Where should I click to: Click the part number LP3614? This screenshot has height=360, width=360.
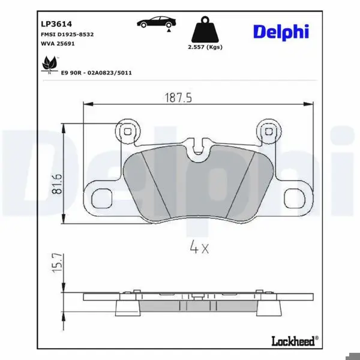tap(56, 24)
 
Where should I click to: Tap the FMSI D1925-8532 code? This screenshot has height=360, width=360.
tap(67, 34)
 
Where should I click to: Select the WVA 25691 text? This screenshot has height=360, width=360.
tap(58, 43)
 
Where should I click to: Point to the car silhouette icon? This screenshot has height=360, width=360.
tap(157, 22)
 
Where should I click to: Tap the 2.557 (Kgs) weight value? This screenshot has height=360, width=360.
tap(205, 47)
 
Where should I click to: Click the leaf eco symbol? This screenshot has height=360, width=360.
tap(50, 64)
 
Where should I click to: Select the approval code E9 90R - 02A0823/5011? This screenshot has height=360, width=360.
tap(96, 73)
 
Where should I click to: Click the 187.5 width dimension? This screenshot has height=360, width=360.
tap(178, 98)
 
